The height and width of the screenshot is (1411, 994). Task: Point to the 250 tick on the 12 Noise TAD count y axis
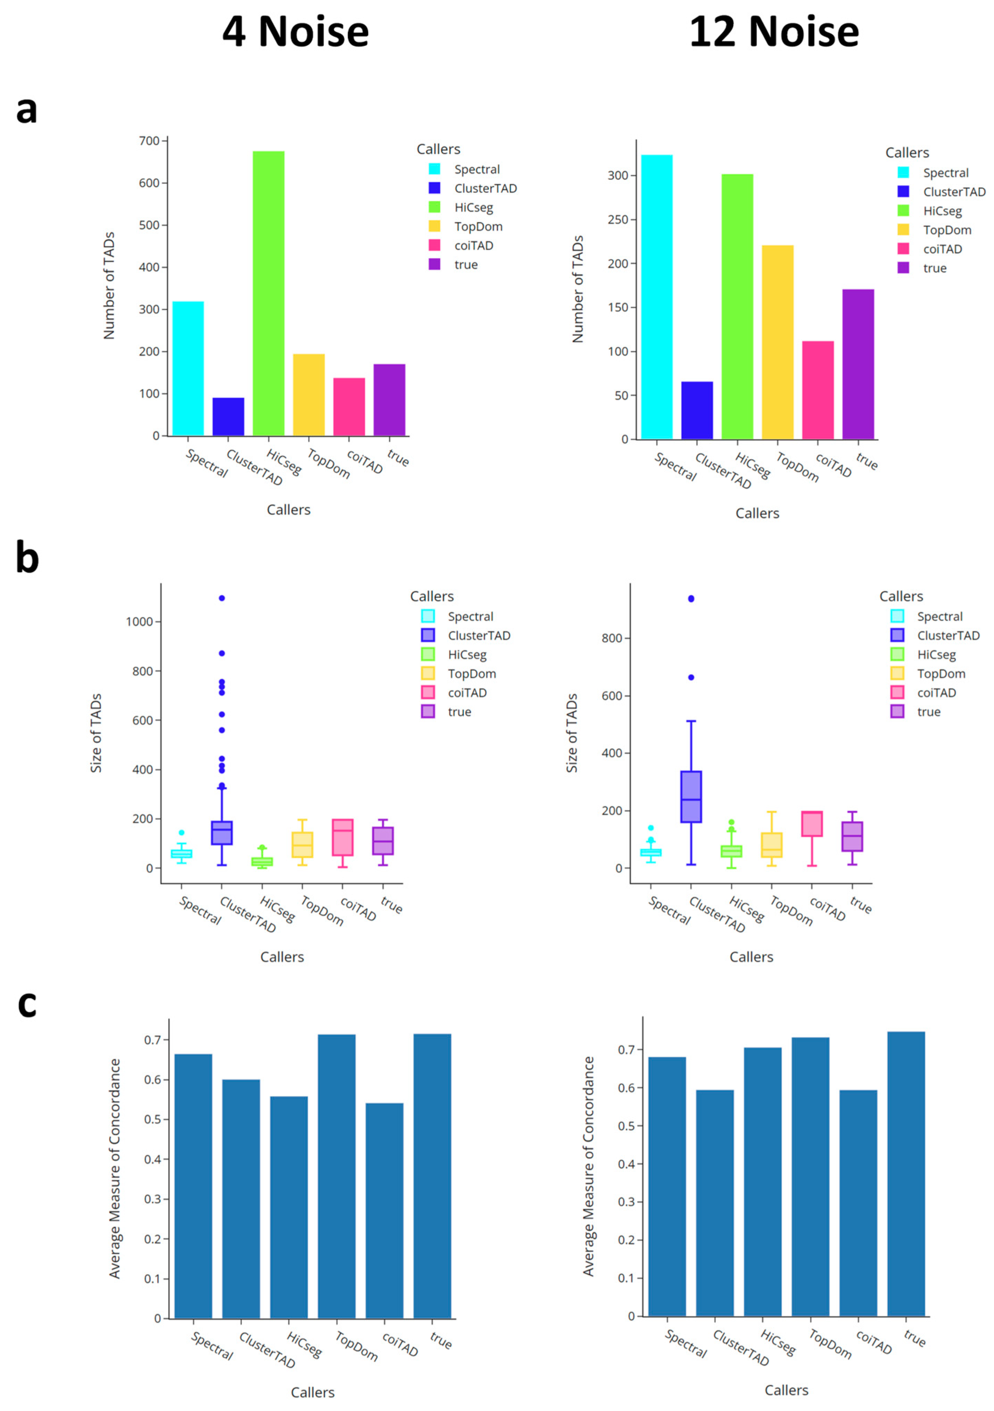tap(618, 220)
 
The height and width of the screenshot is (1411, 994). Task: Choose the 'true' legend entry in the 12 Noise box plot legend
tap(928, 712)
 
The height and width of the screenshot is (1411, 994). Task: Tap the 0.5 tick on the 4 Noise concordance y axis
tap(152, 1120)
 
